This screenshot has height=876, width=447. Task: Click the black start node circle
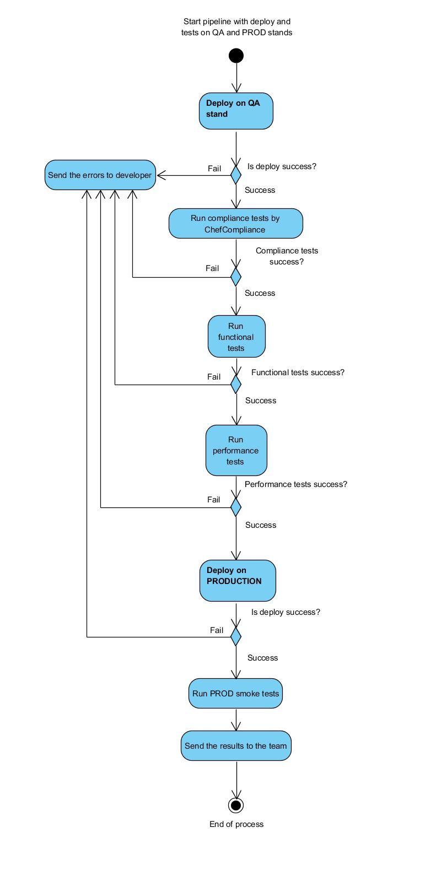(236, 56)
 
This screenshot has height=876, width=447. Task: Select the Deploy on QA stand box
(236, 111)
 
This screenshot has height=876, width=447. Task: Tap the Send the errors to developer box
(100, 175)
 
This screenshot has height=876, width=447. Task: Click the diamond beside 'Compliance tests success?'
(236, 276)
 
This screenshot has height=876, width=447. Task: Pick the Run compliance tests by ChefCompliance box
(235, 224)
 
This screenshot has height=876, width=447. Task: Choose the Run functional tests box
(236, 337)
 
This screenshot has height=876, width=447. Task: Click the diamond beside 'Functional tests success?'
(236, 384)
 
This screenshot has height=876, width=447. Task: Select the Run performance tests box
(236, 450)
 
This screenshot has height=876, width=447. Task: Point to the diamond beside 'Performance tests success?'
(236, 507)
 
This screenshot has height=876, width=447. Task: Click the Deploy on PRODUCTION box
(237, 581)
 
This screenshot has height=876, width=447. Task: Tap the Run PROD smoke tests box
(236, 694)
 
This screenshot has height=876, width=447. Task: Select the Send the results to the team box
(236, 746)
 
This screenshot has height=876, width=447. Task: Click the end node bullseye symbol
(236, 805)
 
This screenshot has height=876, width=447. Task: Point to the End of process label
(236, 824)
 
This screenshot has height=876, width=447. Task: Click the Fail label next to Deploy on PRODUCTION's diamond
(217, 630)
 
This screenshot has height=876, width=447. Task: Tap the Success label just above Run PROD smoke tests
(262, 658)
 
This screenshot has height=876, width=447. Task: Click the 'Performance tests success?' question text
(296, 484)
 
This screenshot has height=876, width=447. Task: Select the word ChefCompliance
(235, 230)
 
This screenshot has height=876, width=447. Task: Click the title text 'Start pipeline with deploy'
(236, 21)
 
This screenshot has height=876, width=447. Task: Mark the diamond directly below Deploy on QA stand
(236, 175)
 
